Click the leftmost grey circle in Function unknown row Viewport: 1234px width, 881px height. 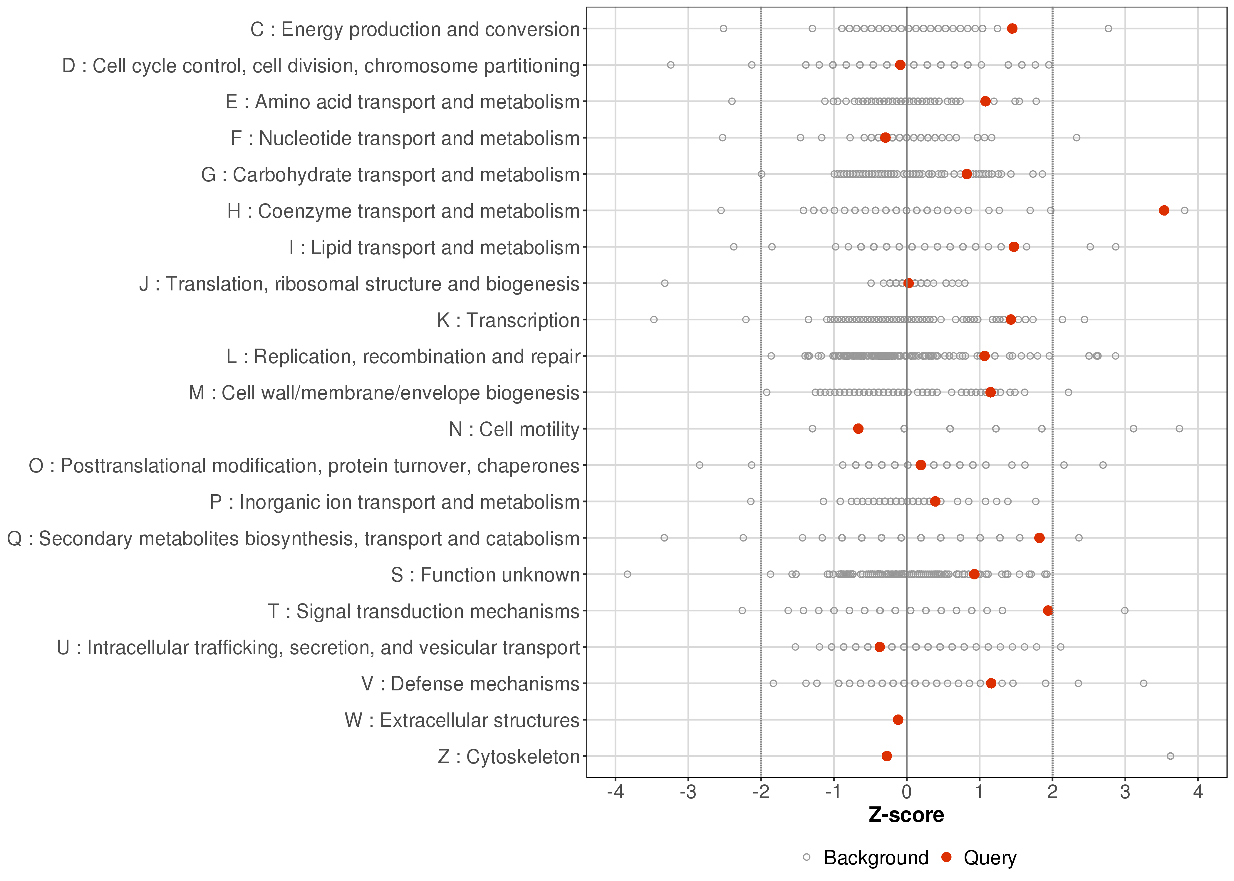tap(627, 574)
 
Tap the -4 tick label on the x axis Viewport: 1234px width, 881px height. tap(615, 793)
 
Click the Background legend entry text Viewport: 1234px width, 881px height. tap(876, 858)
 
